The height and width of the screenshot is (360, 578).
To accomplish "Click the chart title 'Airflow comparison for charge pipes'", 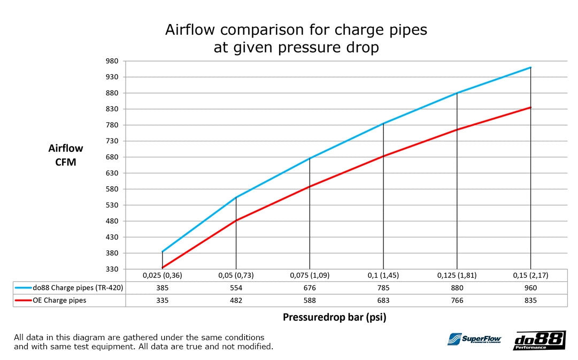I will tap(296, 30).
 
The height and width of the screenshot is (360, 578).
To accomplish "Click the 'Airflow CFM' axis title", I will tap(66, 155).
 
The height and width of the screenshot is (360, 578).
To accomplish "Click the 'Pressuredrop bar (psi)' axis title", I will tap(334, 317).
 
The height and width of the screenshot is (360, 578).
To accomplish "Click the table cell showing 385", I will tap(162, 288).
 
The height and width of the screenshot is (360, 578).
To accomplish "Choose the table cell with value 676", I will tap(310, 288).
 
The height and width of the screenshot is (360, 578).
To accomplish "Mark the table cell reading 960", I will tap(530, 288).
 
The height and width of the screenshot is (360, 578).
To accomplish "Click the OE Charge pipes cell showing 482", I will tap(236, 300).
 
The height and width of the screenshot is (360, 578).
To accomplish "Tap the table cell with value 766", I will tap(457, 300).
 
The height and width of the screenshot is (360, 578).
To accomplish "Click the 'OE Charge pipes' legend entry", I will tap(59, 300).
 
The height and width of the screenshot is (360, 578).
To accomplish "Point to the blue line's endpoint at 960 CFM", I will tap(530, 67).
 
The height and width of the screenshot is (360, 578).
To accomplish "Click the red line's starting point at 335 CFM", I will tap(162, 267).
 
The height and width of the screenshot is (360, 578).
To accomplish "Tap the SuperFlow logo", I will tap(474, 340).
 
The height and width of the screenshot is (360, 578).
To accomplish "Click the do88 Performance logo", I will tap(539, 341).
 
